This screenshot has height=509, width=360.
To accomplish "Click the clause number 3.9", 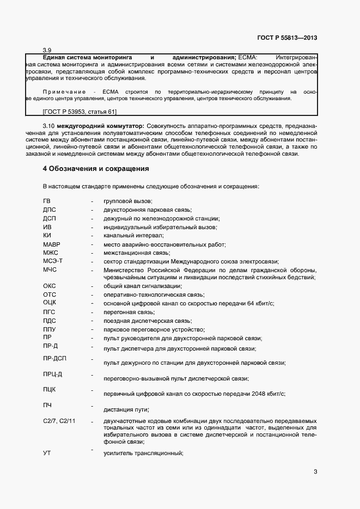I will pos(47,50).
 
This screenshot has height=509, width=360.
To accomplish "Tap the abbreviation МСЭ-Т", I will pos(52,261).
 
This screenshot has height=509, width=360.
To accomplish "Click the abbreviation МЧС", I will pos(50,270).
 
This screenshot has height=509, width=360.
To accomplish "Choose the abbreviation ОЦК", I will pos(50,302).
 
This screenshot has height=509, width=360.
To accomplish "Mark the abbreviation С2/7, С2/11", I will pos(59,421).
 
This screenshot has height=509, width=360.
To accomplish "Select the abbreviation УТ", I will pos(47,453).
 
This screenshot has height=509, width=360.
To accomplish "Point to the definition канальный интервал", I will pos(133,236).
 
